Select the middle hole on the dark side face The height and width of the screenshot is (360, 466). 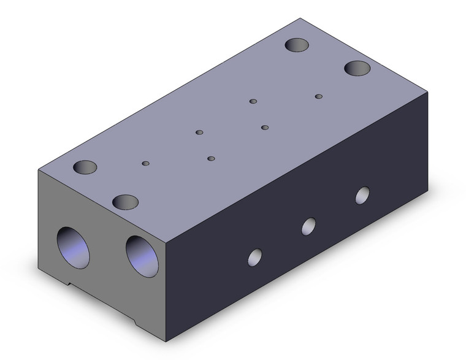tap(308, 226)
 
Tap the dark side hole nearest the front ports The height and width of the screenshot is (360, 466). tap(255, 256)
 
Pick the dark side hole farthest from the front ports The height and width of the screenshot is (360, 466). tap(363, 195)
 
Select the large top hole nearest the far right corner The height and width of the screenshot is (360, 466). tap(357, 67)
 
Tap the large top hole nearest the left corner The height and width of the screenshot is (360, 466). tap(85, 167)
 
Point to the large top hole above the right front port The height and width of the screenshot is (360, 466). tap(125, 201)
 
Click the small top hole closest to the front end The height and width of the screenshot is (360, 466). tap(145, 163)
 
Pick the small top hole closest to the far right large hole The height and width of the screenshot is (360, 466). tap(318, 96)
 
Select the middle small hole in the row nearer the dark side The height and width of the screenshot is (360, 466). tap(265, 128)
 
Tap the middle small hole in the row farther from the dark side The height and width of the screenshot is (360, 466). tap(199, 132)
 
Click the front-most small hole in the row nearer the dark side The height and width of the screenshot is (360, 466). tap(211, 158)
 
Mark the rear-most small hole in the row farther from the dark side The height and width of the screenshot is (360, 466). tap(253, 101)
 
